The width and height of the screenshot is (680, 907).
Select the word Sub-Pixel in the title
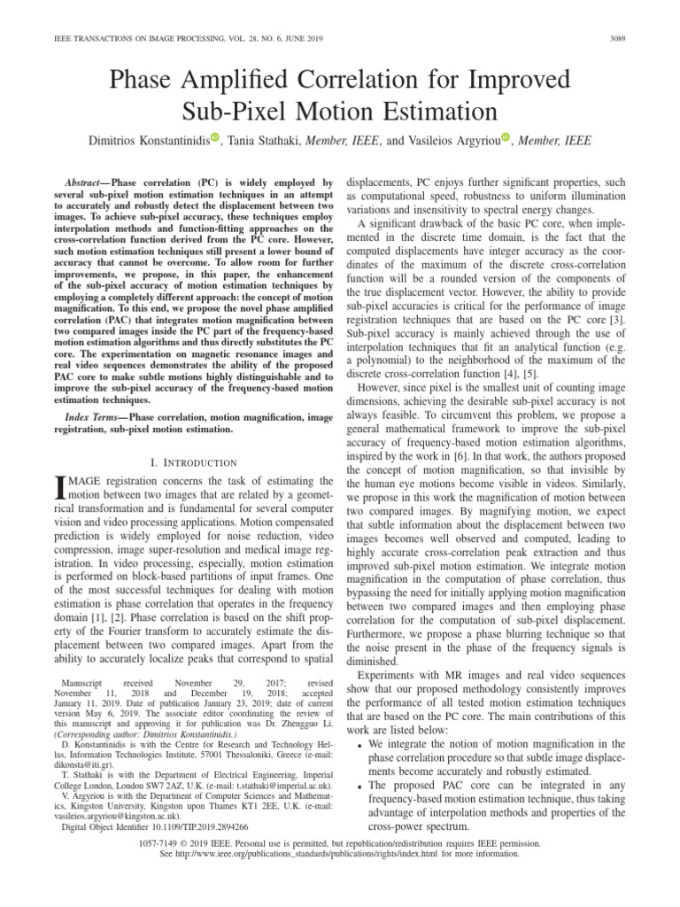(239, 112)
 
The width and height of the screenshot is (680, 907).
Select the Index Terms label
(96, 416)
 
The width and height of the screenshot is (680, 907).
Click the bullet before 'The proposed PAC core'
(355, 786)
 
